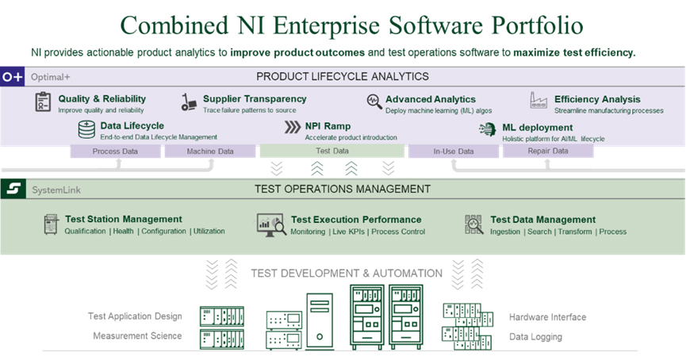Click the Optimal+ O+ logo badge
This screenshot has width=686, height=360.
coord(13,77)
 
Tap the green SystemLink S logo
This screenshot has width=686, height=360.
coord(13,190)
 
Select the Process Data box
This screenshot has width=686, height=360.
coord(116,151)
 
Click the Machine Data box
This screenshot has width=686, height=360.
coord(210,151)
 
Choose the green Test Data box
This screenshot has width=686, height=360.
coord(332,151)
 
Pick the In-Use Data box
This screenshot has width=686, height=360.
coord(454,151)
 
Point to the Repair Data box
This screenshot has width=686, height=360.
coord(547,151)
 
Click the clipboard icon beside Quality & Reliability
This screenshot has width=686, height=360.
coord(43,102)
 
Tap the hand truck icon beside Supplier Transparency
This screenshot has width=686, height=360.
coord(189,102)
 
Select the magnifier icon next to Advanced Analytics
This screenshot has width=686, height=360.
coord(374,101)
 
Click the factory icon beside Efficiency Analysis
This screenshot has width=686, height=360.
coord(539,101)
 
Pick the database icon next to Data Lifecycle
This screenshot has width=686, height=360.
coord(86,129)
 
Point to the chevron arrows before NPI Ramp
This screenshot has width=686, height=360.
coord(292,127)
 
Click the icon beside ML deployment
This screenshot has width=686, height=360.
coord(489,129)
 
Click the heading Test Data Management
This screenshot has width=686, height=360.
coord(542,220)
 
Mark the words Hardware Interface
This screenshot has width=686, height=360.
coord(547,317)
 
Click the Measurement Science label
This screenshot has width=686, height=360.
coord(137,335)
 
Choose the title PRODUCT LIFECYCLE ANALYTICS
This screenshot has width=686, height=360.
coord(343,77)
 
